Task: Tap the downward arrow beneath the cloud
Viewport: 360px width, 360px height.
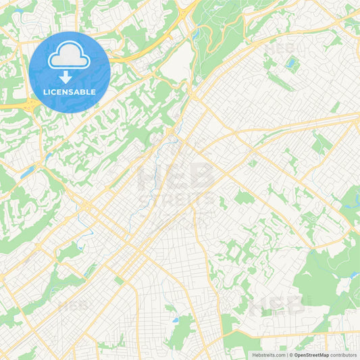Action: point(70,77)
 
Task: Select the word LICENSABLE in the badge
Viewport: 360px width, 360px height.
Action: point(70,91)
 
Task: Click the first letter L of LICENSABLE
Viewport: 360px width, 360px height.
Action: point(45,91)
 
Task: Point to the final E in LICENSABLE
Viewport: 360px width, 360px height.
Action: point(93,91)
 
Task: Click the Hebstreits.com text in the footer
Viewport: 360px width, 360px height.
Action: point(269,354)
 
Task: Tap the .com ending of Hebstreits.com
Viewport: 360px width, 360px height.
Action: point(280,354)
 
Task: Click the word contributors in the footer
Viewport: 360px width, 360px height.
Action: point(342,354)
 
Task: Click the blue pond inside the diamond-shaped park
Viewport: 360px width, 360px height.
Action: point(292,63)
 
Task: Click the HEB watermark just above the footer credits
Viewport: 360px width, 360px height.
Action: point(277,307)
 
